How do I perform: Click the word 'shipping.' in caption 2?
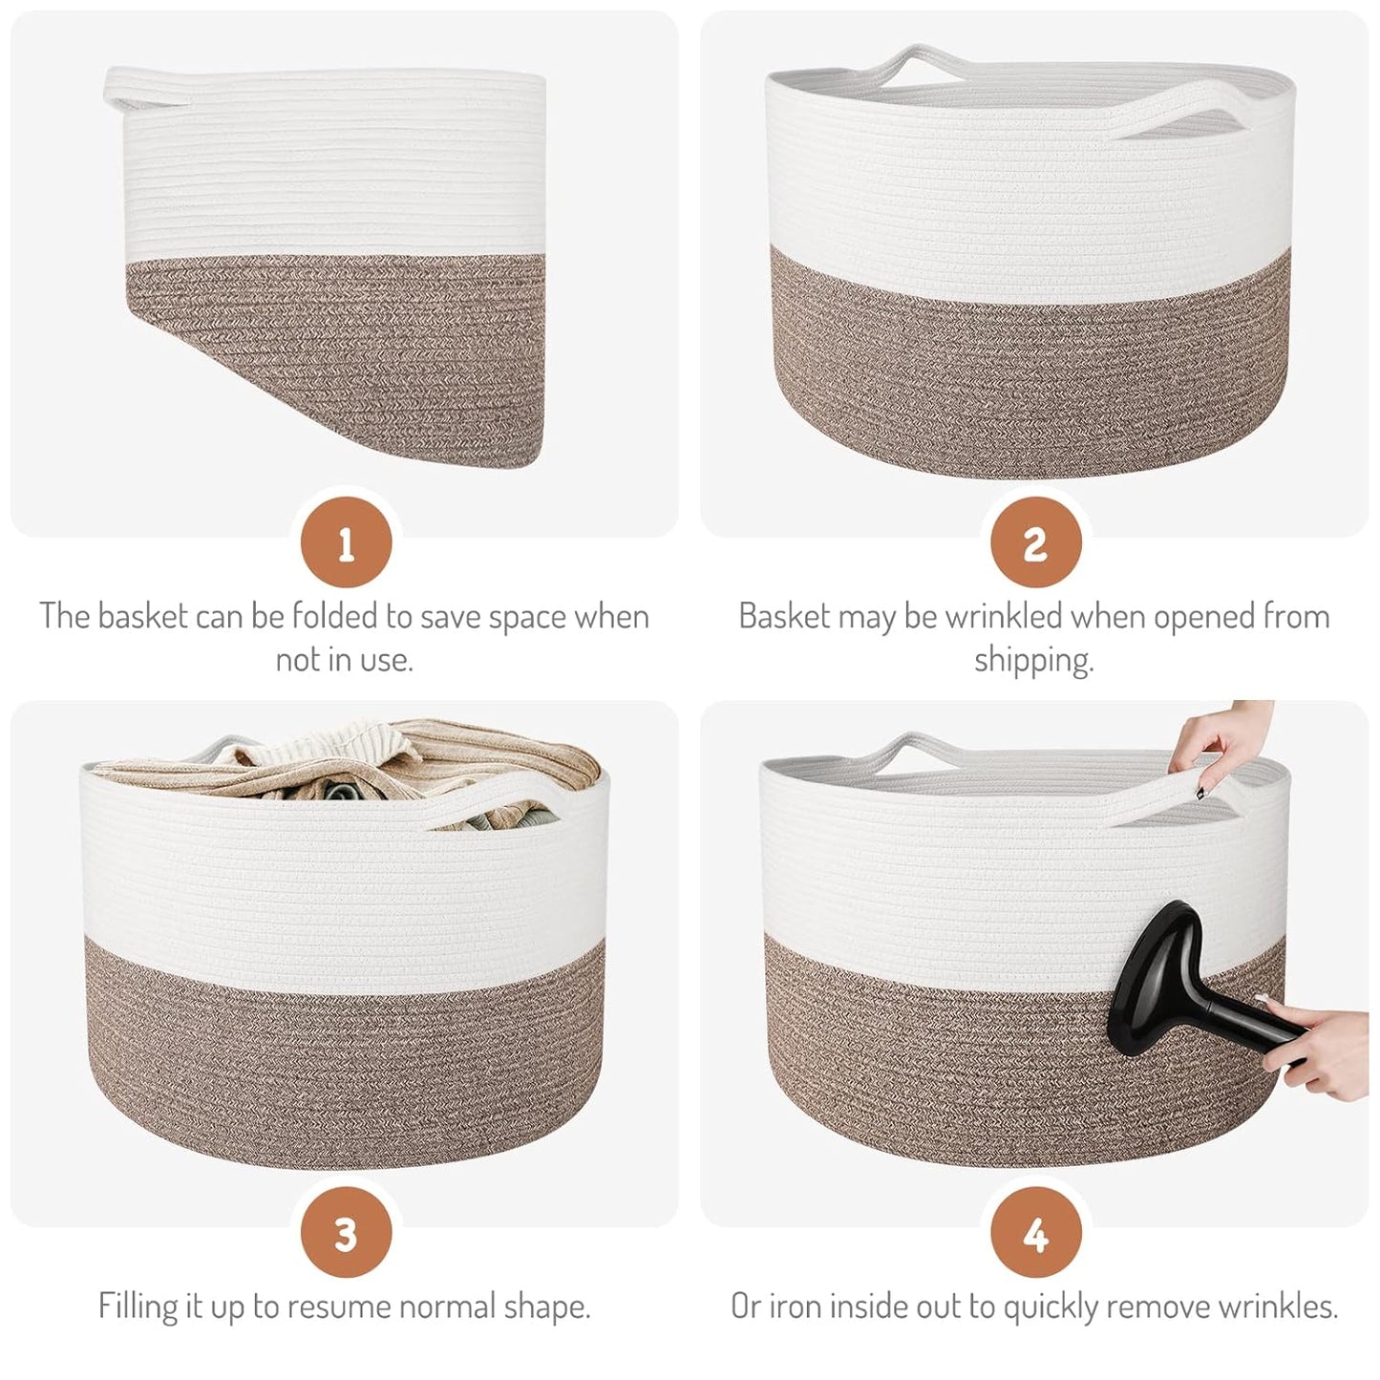click(1034, 660)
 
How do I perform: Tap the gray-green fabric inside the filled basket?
click(344, 792)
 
